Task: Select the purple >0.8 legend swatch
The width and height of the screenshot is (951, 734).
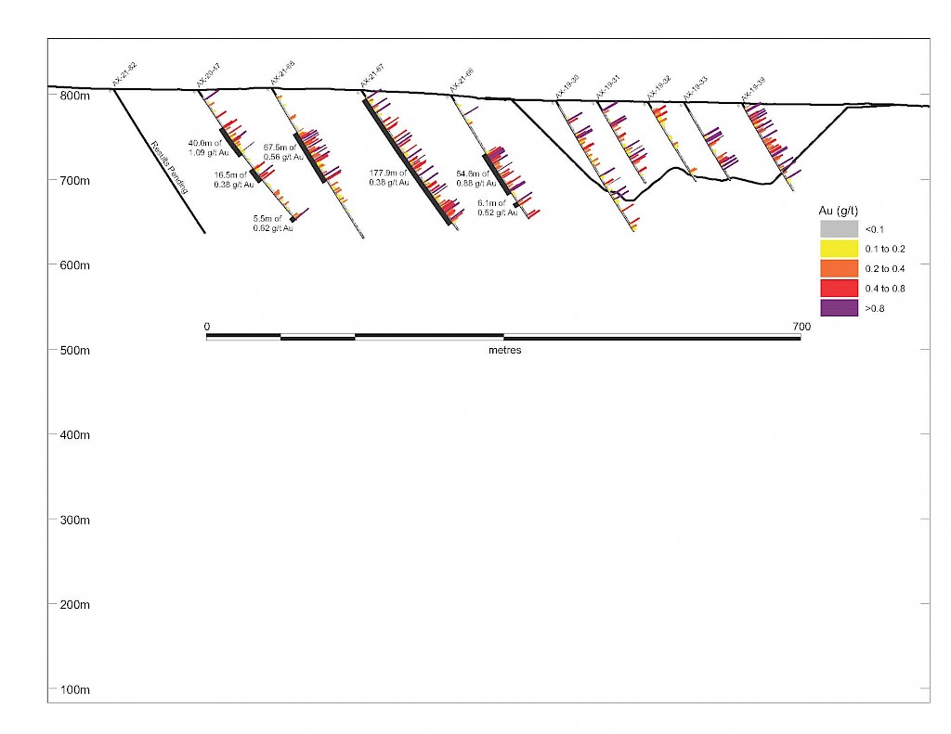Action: pos(839,308)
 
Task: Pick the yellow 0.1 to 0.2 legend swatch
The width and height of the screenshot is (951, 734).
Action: pos(839,249)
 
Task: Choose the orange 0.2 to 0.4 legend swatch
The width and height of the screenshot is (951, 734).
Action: pos(839,268)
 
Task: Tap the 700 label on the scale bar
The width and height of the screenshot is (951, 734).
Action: pos(801,327)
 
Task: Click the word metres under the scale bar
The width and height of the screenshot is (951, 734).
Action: pos(504,351)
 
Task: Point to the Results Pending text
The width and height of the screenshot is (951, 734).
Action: pos(169,167)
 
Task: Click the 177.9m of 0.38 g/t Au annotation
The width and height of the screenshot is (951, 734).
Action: pos(388,177)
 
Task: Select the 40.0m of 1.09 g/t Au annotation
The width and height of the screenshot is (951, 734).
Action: pos(204,147)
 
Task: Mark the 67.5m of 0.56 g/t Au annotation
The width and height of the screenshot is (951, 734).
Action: pos(283,152)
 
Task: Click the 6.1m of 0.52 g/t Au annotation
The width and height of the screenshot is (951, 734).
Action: pos(491,207)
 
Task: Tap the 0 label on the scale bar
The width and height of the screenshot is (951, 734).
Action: pos(207,327)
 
